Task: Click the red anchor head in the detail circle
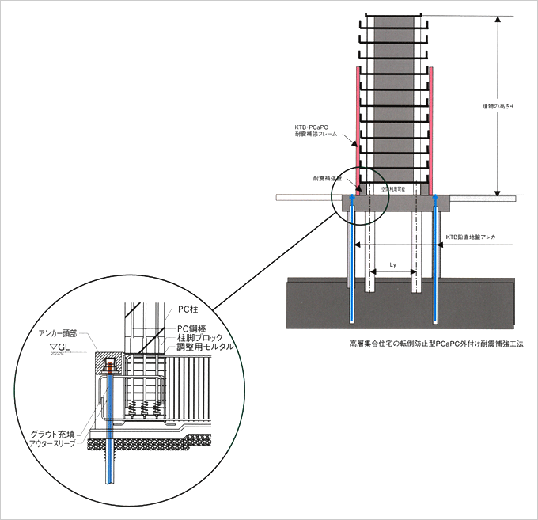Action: [109, 365]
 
